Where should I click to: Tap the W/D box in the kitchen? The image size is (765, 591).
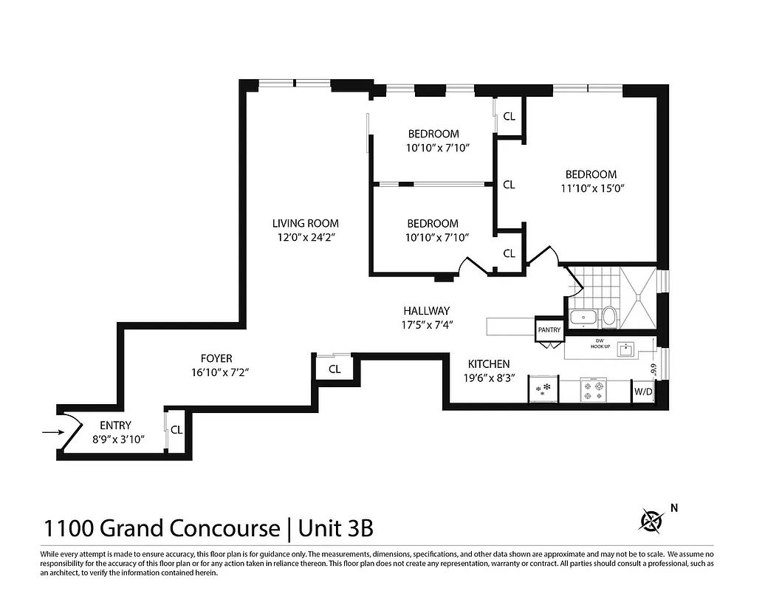click(642, 392)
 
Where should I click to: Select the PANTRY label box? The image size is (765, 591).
click(549, 329)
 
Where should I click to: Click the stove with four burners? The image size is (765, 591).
click(594, 390)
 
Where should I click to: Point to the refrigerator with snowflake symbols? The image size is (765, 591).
click(544, 389)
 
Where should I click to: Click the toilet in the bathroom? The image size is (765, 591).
click(609, 318)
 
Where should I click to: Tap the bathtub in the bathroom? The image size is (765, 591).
click(587, 319)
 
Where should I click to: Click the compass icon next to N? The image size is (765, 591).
click(651, 522)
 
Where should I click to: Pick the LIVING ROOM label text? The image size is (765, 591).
click(305, 223)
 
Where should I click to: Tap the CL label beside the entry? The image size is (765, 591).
click(176, 429)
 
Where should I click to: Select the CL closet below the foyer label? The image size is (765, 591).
click(335, 369)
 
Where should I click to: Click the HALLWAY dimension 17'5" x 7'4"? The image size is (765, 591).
click(426, 324)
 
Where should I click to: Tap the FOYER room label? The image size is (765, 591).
click(216, 358)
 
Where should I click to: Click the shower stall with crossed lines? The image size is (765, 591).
click(637, 299)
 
